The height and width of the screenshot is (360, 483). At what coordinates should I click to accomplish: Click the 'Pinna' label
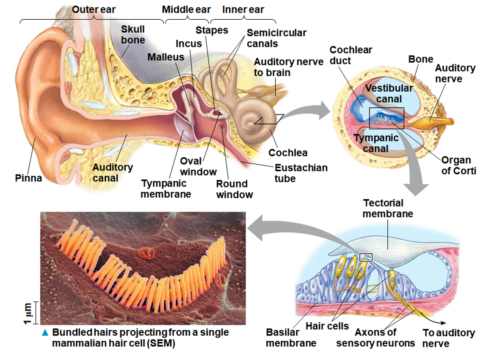tap(28, 178)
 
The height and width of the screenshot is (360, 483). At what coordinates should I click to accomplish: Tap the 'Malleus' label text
tap(166, 57)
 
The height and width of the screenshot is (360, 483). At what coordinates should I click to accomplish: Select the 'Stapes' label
tap(212, 30)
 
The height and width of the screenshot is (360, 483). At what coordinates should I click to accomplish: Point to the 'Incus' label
tap(189, 44)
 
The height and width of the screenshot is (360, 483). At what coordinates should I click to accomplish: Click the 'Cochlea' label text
tap(288, 153)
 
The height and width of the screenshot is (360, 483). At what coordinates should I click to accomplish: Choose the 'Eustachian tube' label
tap(301, 173)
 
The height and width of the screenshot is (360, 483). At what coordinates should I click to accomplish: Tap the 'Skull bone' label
tap(133, 34)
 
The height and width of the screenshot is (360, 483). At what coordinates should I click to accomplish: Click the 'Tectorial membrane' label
tap(387, 208)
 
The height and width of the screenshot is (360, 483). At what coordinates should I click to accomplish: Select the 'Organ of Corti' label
tap(459, 166)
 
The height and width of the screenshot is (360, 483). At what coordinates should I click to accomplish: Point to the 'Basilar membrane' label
tap(291, 338)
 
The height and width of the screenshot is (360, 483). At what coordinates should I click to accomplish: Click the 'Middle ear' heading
tap(186, 10)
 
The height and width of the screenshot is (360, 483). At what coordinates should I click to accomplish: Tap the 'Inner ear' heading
tap(243, 10)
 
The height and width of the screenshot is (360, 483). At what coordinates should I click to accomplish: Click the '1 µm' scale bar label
tap(28, 313)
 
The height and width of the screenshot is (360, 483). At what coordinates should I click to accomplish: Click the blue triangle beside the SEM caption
tap(45, 333)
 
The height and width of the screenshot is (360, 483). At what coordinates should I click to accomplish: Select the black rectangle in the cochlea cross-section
tap(386, 118)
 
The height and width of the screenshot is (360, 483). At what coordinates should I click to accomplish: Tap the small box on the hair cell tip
tap(366, 257)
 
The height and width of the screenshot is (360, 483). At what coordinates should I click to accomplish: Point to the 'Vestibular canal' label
tap(389, 93)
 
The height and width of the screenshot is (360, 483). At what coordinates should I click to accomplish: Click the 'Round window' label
tap(234, 189)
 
